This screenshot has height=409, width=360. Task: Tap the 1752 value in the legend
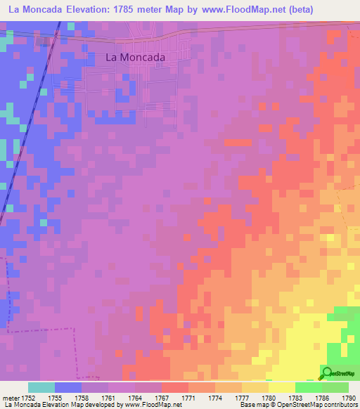coord(28,398)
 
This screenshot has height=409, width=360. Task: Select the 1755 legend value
coord(55,398)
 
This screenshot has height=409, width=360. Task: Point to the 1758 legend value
coord(82,398)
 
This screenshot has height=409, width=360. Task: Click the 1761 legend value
coord(108,398)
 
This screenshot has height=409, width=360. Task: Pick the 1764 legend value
coord(135,398)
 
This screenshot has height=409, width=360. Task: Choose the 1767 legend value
coord(162,398)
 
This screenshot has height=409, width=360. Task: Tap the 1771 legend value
coord(188,398)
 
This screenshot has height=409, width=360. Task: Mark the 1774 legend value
coord(215,398)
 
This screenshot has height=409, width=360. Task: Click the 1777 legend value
coord(242,398)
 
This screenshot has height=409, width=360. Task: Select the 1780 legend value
coord(269,398)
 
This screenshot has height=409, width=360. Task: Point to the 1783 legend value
coord(295,398)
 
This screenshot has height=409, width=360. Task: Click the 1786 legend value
coord(322,398)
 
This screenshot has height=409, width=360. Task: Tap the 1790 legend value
coord(347,398)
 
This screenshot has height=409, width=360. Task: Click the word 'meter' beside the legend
coord(11,398)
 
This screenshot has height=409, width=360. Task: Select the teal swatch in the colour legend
coord(41,387)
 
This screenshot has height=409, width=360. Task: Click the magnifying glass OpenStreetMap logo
coord(326,372)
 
